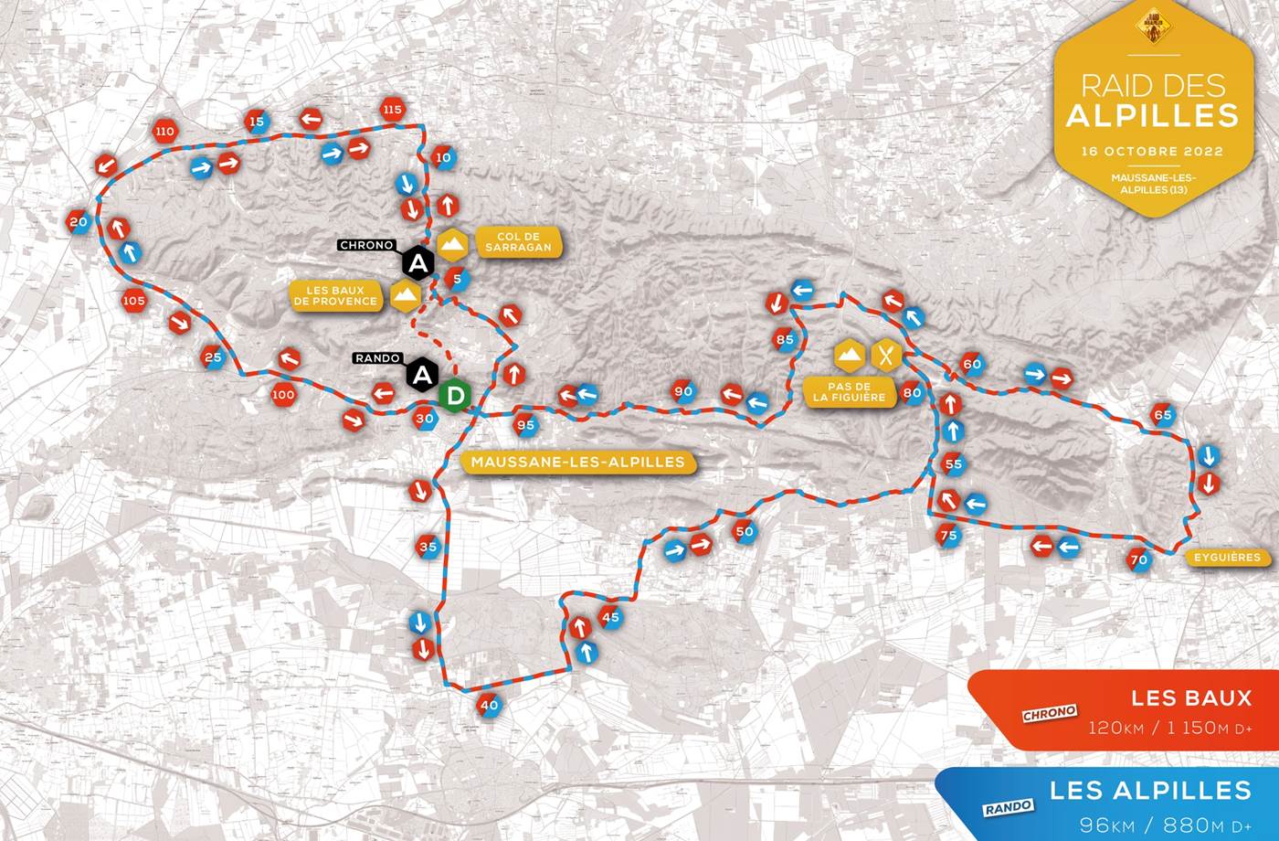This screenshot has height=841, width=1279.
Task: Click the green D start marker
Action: (x=455, y=395)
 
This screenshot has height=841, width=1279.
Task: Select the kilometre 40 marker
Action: (x=490, y=705)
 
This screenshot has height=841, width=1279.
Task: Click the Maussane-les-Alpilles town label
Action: (x=578, y=462)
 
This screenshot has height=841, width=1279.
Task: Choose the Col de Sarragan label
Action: (x=518, y=242)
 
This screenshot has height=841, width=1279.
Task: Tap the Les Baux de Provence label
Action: (x=335, y=295)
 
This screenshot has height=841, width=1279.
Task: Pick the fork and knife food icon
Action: (x=886, y=355)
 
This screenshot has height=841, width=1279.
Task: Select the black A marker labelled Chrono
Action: (x=418, y=264)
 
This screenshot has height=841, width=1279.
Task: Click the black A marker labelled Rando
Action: (x=421, y=374)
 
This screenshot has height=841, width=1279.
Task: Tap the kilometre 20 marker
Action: (x=79, y=222)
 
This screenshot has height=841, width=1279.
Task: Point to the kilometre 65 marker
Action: (x=1162, y=414)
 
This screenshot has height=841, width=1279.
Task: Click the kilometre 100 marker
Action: (x=283, y=395)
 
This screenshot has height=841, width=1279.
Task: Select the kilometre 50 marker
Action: (x=745, y=531)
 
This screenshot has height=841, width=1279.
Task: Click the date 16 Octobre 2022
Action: (x=1151, y=151)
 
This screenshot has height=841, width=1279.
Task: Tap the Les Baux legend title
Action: (x=1191, y=697)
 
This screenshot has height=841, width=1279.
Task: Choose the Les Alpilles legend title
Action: (x=1149, y=789)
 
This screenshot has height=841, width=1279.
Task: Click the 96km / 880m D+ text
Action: (x=1165, y=825)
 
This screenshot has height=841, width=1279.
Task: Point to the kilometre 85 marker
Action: (x=785, y=339)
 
